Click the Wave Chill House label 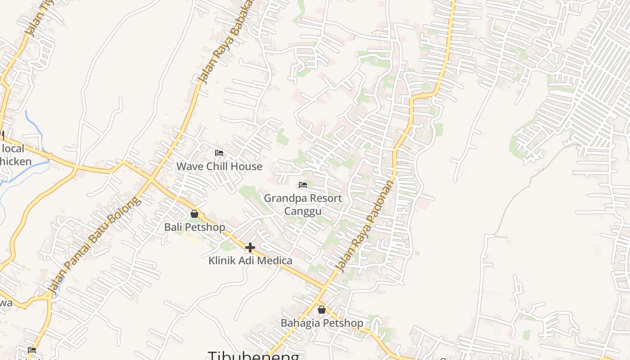point(219,166)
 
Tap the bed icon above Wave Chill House point(219,153)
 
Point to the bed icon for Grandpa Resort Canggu point(303,185)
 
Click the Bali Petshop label point(194,227)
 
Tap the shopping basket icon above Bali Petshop point(194,214)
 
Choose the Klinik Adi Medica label point(250,261)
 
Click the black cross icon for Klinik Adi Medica point(250,247)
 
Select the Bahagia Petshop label point(322,323)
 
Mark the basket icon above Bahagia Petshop point(322,310)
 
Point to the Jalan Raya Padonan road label point(365,226)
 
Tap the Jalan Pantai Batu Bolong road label point(94,245)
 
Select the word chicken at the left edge point(16,162)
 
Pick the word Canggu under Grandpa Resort point(303,211)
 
